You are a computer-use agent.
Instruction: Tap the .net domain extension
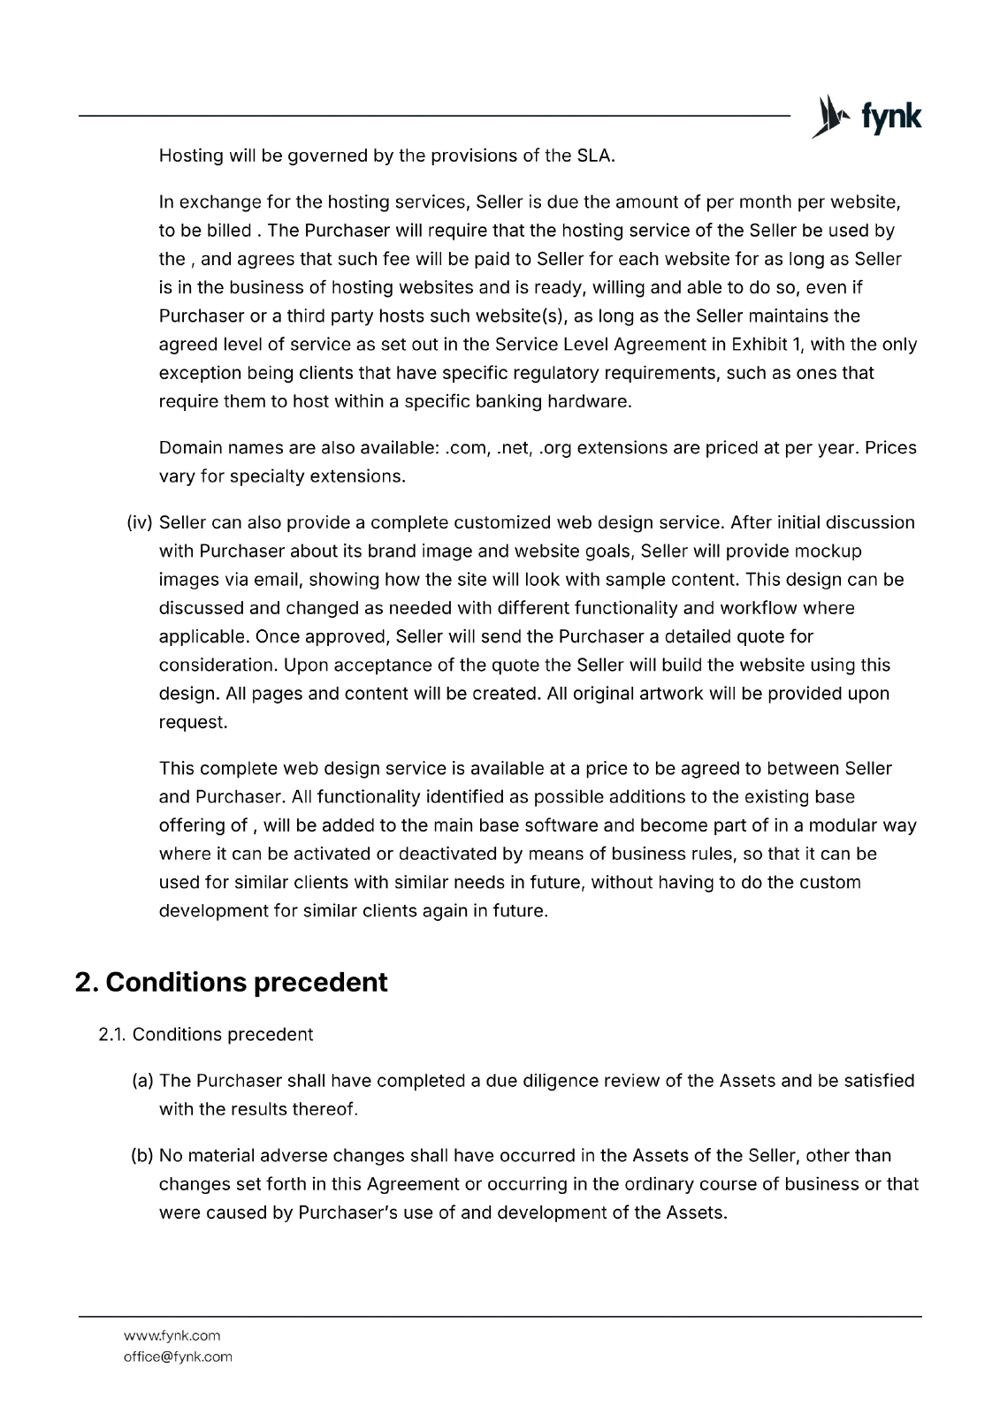tap(514, 448)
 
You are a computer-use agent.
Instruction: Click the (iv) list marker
tap(141, 523)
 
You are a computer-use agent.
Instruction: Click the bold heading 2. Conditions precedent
tap(231, 983)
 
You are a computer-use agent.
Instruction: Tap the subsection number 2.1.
tap(112, 1035)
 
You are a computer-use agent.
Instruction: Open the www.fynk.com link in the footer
tap(172, 1335)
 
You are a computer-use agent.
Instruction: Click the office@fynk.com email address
tap(178, 1357)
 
